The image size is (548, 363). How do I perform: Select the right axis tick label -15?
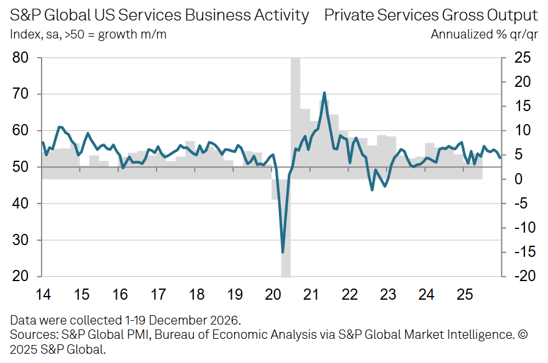click(521, 252)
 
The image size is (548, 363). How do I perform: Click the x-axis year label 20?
click(273, 294)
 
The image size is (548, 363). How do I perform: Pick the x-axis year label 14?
click(43, 294)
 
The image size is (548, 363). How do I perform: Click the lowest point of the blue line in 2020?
click(283, 251)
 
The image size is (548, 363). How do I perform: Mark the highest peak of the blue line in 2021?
click(324, 93)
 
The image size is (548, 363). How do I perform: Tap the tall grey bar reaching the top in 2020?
click(296, 112)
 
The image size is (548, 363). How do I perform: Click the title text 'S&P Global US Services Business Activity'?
click(159, 16)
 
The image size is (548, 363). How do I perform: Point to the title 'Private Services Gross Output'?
click(431, 16)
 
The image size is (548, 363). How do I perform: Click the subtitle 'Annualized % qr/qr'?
click(484, 34)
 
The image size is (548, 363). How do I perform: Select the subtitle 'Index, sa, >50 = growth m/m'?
click(88, 34)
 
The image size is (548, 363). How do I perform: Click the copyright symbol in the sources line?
click(523, 335)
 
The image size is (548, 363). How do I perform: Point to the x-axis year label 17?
click(158, 294)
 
